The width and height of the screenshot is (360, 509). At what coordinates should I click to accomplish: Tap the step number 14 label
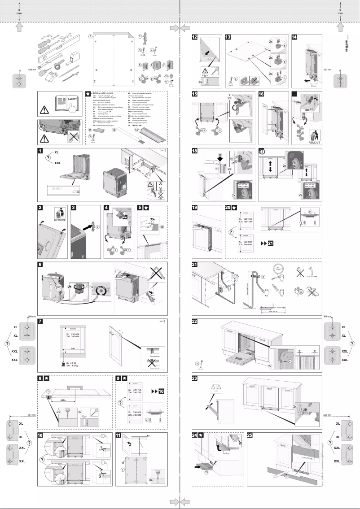click(x=295, y=37)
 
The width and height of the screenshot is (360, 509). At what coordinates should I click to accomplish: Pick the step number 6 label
click(x=40, y=264)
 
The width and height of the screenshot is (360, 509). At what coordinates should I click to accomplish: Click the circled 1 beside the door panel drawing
click(x=90, y=36)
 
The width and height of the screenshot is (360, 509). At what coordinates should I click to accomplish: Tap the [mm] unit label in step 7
click(x=163, y=321)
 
